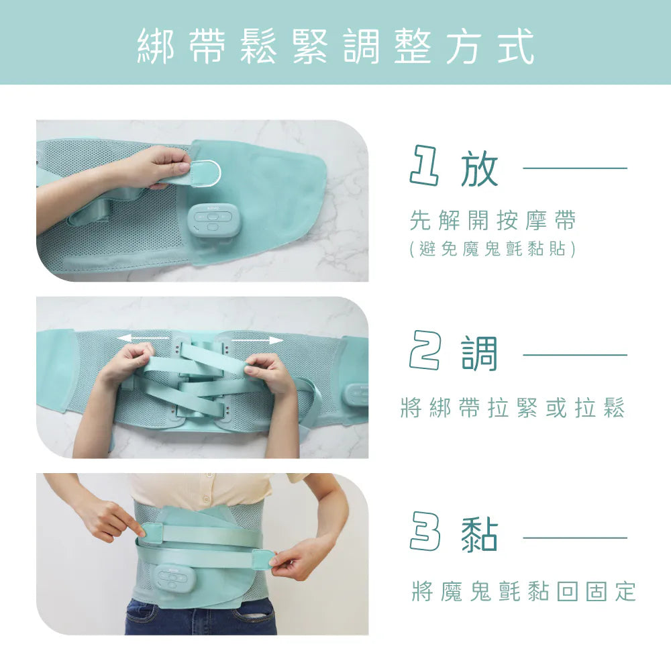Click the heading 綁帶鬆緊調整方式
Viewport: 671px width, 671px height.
pyautogui.click(x=336, y=46)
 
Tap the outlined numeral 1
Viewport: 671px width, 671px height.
pyautogui.click(x=424, y=166)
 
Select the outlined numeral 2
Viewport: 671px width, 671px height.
pyautogui.click(x=425, y=351)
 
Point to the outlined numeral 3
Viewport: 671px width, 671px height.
pyautogui.click(x=425, y=532)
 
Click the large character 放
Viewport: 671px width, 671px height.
pyautogui.click(x=479, y=168)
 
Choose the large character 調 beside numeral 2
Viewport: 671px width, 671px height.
pyautogui.click(x=479, y=353)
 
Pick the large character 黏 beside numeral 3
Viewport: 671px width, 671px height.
pyautogui.click(x=479, y=535)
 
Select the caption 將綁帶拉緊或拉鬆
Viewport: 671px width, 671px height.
pyautogui.click(x=513, y=407)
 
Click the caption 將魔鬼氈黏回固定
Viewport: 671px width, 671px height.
pyautogui.click(x=524, y=591)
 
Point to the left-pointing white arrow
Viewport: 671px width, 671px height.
pyautogui.click(x=143, y=338)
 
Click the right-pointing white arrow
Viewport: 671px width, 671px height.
pyautogui.click(x=257, y=340)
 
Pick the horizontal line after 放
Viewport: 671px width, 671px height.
pyautogui.click(x=575, y=168)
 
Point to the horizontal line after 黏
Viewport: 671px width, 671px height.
pyautogui.click(x=575, y=538)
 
